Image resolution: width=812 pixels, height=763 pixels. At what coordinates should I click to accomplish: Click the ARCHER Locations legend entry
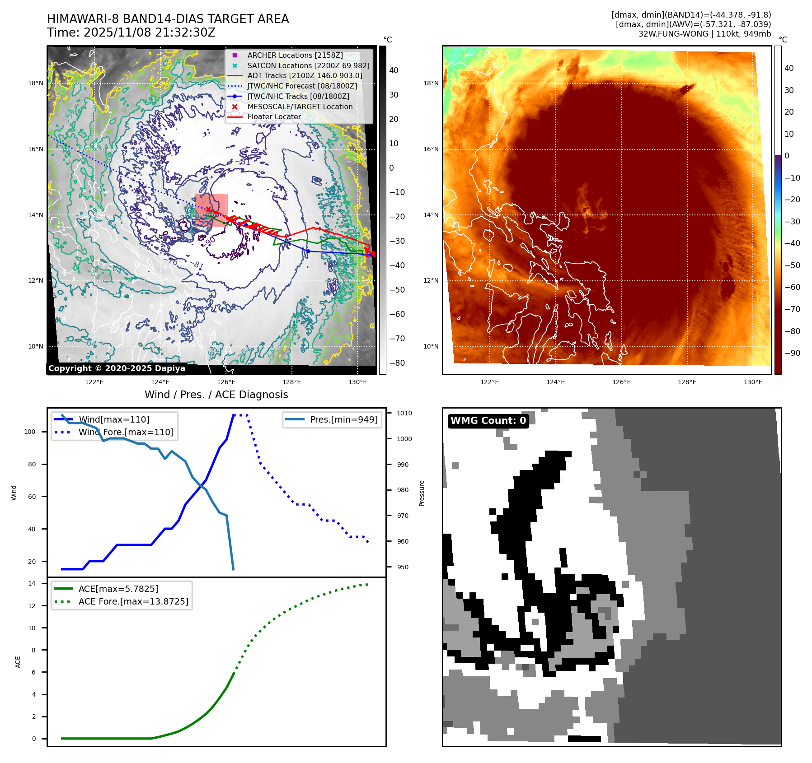click(295, 55)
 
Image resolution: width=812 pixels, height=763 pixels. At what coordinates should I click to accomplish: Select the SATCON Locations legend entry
click(308, 65)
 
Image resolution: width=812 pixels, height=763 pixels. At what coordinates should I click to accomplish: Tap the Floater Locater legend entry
click(274, 116)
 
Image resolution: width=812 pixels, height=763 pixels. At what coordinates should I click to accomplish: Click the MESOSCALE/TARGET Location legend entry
click(300, 107)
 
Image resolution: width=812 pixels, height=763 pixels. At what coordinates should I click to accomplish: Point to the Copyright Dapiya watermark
click(117, 368)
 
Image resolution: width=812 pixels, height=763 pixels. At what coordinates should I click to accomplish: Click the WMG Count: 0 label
click(488, 421)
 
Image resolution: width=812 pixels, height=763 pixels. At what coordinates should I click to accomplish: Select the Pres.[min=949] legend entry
click(343, 419)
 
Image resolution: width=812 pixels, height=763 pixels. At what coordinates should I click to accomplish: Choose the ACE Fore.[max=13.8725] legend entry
click(133, 601)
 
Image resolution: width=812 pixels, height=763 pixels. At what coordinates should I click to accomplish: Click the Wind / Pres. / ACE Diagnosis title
click(216, 395)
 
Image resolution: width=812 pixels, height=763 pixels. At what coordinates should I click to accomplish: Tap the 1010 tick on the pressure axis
click(404, 413)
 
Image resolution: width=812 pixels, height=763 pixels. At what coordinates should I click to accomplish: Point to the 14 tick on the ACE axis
click(32, 583)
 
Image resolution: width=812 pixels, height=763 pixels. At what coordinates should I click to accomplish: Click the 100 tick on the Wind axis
click(30, 432)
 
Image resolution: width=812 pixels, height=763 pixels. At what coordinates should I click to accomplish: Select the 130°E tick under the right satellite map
click(753, 382)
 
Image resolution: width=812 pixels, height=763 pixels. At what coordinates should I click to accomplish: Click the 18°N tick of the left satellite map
click(36, 83)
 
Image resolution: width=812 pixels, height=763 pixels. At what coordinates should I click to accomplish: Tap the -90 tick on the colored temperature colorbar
click(792, 353)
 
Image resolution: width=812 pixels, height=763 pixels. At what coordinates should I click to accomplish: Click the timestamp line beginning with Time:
click(131, 33)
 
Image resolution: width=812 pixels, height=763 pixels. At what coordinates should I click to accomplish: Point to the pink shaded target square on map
click(211, 210)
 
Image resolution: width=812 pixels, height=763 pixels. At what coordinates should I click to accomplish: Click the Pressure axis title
click(422, 493)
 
